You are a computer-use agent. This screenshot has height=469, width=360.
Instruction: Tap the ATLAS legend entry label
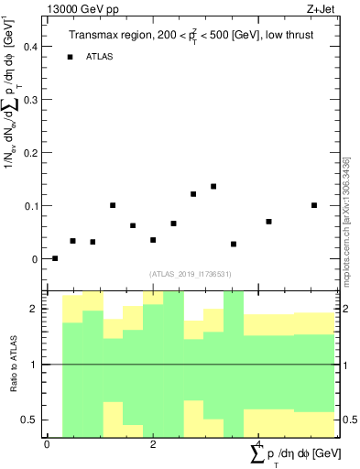coord(101,57)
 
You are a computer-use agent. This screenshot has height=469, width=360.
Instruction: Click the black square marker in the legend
coord(70,57)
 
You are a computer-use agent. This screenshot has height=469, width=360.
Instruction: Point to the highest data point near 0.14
coord(213,186)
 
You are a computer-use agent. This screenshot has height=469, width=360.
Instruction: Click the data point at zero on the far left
coord(55,258)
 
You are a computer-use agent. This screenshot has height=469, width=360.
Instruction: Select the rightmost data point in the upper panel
coord(314,205)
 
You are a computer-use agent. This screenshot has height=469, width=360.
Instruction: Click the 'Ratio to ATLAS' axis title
coord(14,364)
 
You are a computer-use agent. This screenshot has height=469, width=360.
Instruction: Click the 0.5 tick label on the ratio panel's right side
coord(350,420)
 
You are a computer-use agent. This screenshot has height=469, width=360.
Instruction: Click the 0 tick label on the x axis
coord(47,444)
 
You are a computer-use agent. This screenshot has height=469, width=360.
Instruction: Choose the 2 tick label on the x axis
coord(153,444)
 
